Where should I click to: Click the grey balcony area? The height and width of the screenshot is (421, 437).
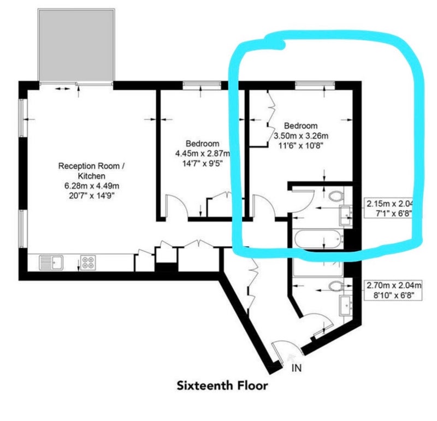click(x=76, y=45)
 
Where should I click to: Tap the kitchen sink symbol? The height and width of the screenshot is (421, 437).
click(x=51, y=263)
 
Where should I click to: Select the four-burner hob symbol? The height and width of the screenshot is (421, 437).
click(x=88, y=263)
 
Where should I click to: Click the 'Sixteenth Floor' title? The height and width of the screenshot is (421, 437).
click(x=222, y=386)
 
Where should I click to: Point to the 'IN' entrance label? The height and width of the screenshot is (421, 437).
click(x=297, y=368)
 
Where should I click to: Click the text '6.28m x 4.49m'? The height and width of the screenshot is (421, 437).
click(x=92, y=186)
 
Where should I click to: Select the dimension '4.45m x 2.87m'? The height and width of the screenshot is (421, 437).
click(x=203, y=153)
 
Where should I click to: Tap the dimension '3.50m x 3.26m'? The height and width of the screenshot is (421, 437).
click(x=301, y=136)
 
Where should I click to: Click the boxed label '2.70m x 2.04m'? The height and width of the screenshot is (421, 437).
click(x=394, y=286)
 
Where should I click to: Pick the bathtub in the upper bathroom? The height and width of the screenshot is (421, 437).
click(x=318, y=239)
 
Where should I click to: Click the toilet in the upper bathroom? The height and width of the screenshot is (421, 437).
click(x=336, y=195)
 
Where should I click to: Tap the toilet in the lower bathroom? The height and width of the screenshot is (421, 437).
click(x=336, y=286)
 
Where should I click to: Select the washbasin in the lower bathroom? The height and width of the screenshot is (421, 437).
click(x=346, y=306)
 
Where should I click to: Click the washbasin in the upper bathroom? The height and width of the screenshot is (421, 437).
click(x=346, y=215)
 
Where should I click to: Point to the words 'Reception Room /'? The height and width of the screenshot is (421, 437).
click(x=91, y=167)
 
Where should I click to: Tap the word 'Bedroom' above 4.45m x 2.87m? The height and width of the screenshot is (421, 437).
click(x=203, y=144)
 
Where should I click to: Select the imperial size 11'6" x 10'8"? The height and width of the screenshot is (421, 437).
click(x=301, y=146)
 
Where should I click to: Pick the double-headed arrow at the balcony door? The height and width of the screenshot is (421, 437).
click(x=62, y=88)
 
